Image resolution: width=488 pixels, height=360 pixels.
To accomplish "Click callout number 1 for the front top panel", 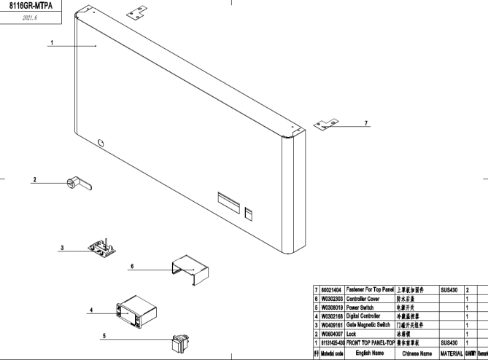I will (51, 42).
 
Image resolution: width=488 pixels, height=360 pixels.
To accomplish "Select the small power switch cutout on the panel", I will (248, 213).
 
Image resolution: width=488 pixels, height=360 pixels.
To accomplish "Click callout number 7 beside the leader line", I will (366, 122).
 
